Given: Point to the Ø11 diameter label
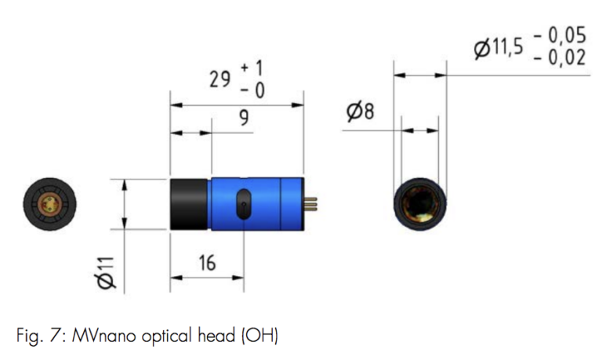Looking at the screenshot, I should [107, 271].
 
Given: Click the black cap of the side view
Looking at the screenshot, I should [189, 205].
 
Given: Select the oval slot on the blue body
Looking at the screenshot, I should [244, 205].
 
